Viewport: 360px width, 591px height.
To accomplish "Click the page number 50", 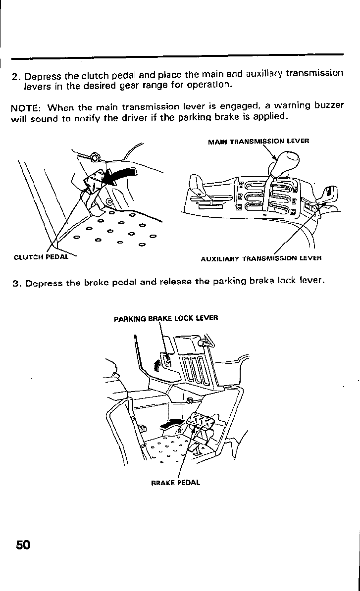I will pos(23,545).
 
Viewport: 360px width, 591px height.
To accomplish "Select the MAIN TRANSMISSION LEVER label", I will pos(258,141).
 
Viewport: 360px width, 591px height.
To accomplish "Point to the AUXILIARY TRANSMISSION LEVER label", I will pos(261,258).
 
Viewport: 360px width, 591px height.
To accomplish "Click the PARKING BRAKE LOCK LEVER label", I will pos(166,318).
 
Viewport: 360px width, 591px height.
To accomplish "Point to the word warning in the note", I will pos(296,106).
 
